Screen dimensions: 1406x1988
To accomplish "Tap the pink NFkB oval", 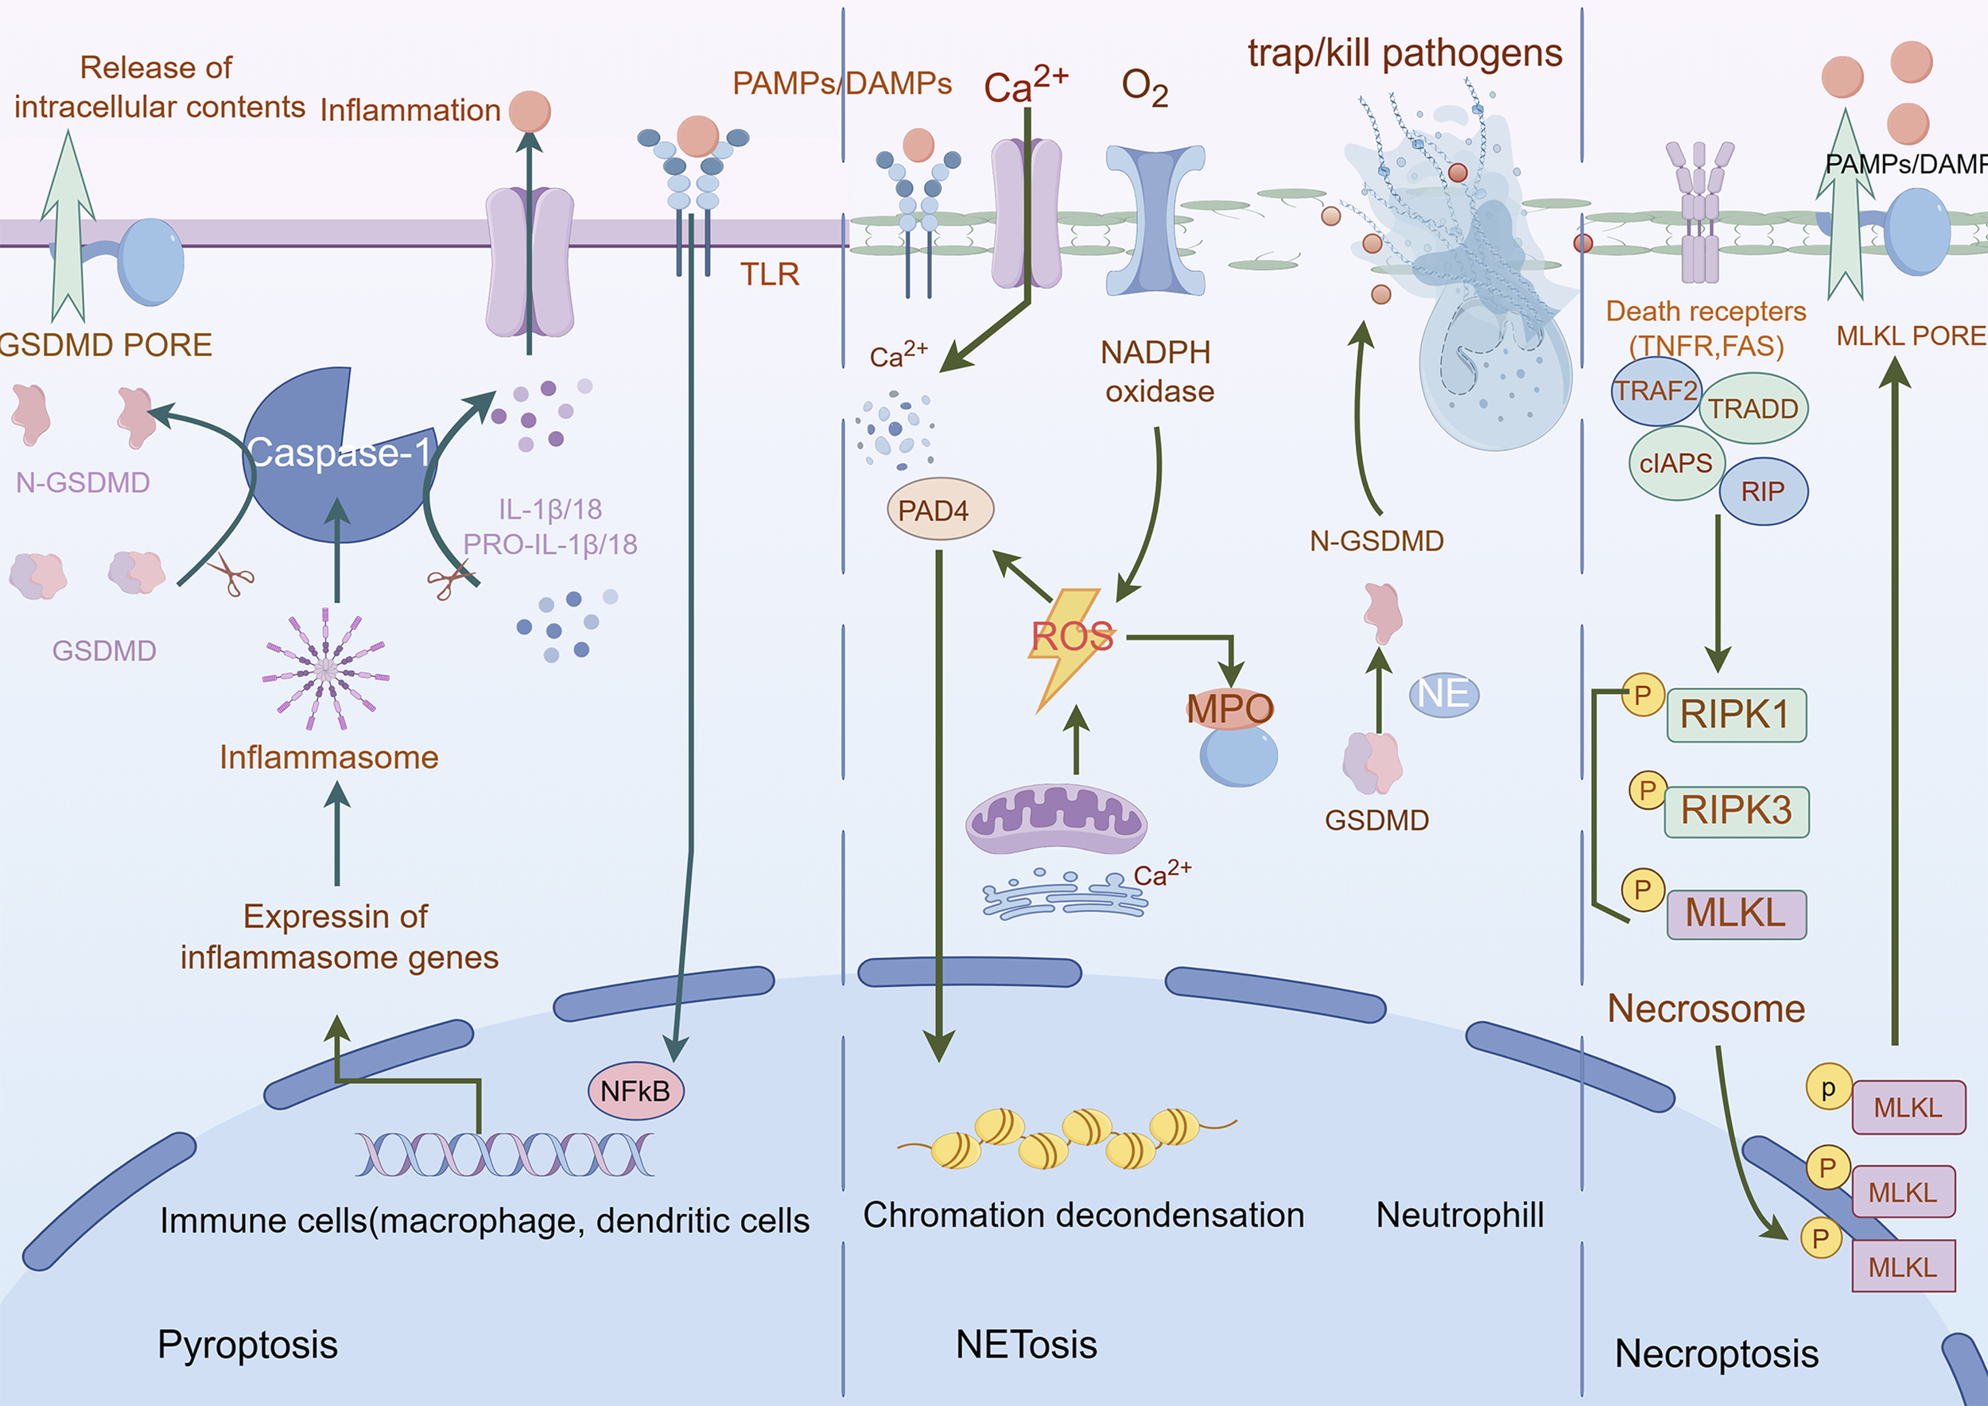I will coord(635,1091).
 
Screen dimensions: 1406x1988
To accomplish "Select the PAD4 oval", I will coord(939,510).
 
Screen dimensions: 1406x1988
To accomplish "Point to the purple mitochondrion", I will coord(1056,819).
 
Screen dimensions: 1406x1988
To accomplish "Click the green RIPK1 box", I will coord(1736,715).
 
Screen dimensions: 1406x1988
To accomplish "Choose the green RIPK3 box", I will coord(1736,811).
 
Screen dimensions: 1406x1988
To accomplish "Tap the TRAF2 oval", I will coord(1656,391).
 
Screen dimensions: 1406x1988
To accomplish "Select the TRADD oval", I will coord(1753,409).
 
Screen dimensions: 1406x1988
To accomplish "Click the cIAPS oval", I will coord(1676,463).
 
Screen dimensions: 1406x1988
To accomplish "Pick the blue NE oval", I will coord(1443,694).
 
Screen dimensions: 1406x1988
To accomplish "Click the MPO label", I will coord(1229,709).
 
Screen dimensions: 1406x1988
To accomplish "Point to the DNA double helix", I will coord(504,1154).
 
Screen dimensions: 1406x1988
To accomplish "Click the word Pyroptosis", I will coord(247,1345).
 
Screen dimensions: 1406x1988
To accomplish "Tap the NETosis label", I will coord(1026,1345).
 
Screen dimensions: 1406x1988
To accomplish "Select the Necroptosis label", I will coord(1716,1354).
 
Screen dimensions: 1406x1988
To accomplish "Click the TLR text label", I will coord(769,274).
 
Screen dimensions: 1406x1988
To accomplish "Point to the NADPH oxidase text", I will coord(1159,372).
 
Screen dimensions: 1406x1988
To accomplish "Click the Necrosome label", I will coord(1706,1009).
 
